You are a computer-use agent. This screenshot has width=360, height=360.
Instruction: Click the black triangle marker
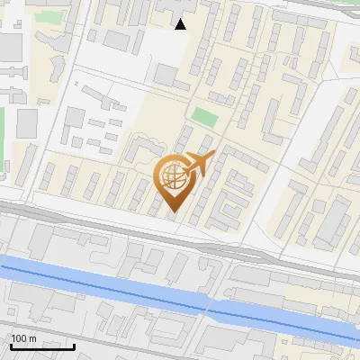(x=181, y=24)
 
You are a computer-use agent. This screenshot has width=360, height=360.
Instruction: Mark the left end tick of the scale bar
(x=11, y=345)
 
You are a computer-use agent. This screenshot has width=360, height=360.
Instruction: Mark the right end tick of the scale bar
(x=74, y=345)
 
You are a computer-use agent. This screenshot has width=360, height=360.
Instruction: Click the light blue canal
(x=108, y=283)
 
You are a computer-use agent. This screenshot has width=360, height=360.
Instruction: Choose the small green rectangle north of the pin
(x=204, y=117)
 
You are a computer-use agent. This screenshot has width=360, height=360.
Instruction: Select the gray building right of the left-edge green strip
(x=27, y=122)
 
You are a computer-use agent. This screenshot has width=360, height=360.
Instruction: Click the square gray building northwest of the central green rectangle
(x=166, y=75)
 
